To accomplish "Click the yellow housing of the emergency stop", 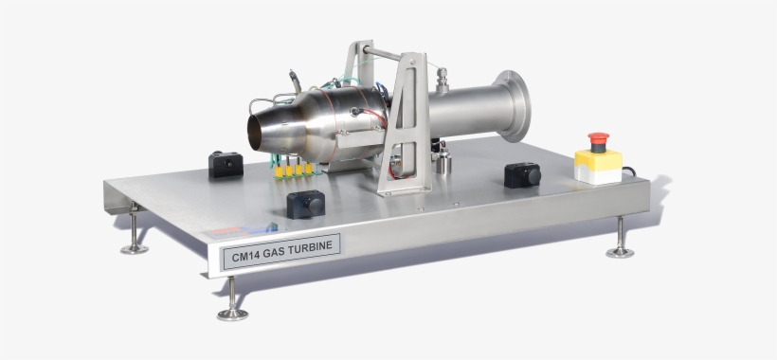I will coord(598,159).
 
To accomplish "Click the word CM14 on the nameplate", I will coord(244,255).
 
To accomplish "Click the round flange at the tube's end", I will coord(513,105).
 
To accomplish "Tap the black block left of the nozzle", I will coord(226,165).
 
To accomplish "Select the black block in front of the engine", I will coord(305,204).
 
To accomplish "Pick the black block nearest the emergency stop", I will coord(522,174).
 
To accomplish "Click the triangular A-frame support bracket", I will coord(407,123).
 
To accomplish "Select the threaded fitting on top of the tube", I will coord(442,78).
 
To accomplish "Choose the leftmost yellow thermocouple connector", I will coord(279,171).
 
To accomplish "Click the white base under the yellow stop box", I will coord(598,176).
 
